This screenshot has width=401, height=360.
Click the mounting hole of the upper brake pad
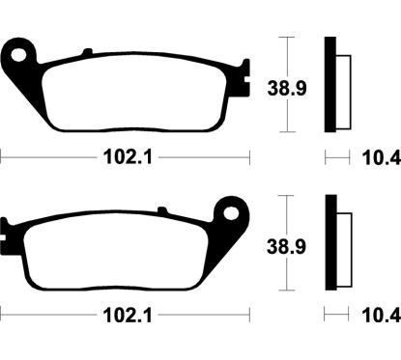coord(18,51)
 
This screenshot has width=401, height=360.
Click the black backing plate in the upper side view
coord(330,85)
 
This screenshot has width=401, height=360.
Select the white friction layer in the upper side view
coord(338,87)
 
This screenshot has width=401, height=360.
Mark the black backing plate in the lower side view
coord(330,244)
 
